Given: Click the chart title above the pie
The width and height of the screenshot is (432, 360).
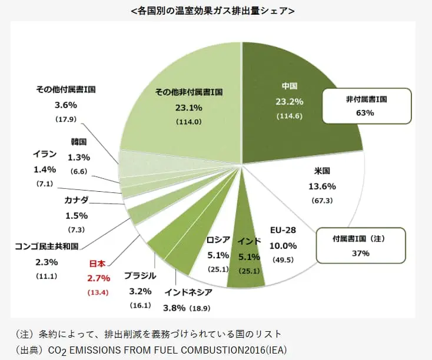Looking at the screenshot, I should [x=215, y=11].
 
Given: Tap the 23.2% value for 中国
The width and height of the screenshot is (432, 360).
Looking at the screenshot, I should [x=289, y=102].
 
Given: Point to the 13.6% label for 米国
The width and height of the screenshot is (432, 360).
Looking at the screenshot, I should [x=322, y=186].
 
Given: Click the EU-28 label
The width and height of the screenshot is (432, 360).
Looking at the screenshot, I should [x=283, y=229].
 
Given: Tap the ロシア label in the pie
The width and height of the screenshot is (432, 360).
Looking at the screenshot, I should [x=219, y=241].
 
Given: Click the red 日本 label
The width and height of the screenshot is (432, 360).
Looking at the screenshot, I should [x=97, y=264].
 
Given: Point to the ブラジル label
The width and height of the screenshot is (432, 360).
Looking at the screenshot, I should [x=140, y=276].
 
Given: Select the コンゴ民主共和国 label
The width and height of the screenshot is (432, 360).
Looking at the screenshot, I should [x=46, y=246].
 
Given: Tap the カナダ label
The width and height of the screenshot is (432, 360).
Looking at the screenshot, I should [x=76, y=200].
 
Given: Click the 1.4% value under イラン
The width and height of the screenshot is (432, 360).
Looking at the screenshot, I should [x=45, y=169].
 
